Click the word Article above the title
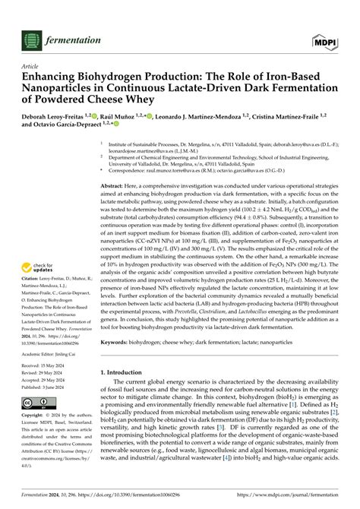(30, 66)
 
